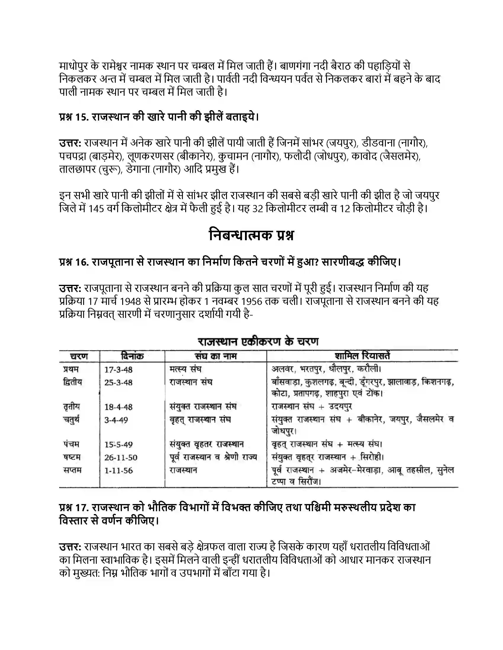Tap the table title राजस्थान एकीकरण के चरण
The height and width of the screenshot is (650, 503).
point(258,341)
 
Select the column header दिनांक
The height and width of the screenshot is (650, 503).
point(132,356)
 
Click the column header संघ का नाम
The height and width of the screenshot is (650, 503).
point(215,356)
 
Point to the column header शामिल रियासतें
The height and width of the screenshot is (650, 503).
point(362,356)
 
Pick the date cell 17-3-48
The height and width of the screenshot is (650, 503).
point(118,370)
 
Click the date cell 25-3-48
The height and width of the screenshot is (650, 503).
point(118,382)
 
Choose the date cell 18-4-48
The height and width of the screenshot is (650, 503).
point(118,407)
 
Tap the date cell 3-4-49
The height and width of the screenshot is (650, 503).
point(116,420)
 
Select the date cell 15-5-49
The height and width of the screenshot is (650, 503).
point(118,444)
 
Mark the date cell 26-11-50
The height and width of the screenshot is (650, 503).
point(121,457)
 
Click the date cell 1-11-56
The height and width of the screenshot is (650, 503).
point(118,471)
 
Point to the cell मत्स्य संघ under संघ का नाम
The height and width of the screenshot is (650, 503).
point(185,369)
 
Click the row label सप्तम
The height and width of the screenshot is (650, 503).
point(72,470)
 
